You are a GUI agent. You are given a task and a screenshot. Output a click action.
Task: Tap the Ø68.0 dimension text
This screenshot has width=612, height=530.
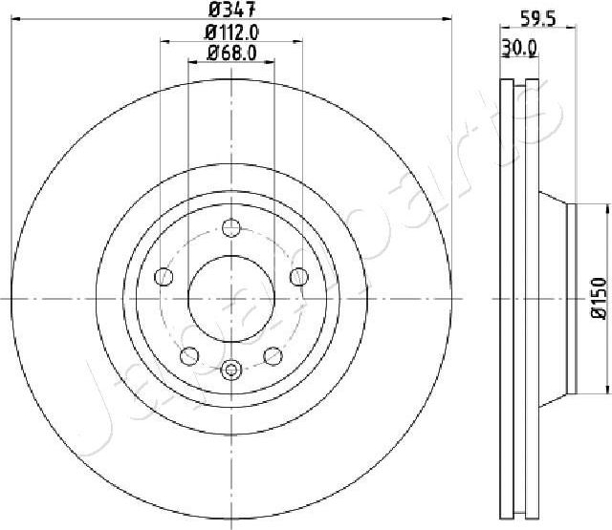pyautogui.click(x=232, y=53)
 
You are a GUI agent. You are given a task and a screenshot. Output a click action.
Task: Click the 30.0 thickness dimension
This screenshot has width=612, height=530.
pyautogui.click(x=518, y=45)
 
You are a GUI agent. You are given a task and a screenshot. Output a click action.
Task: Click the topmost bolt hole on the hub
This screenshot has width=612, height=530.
pyautogui.click(x=231, y=227)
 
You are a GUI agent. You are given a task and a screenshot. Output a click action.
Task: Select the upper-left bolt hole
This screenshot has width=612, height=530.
pyautogui.click(x=164, y=277)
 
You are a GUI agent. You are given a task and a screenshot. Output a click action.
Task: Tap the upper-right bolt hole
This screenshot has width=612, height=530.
pyautogui.click(x=299, y=277)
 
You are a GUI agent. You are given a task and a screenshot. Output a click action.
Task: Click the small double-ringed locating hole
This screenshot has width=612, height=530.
pyautogui.click(x=231, y=370)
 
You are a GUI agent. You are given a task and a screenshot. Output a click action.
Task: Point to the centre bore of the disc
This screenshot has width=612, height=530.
pyautogui.click(x=231, y=297)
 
